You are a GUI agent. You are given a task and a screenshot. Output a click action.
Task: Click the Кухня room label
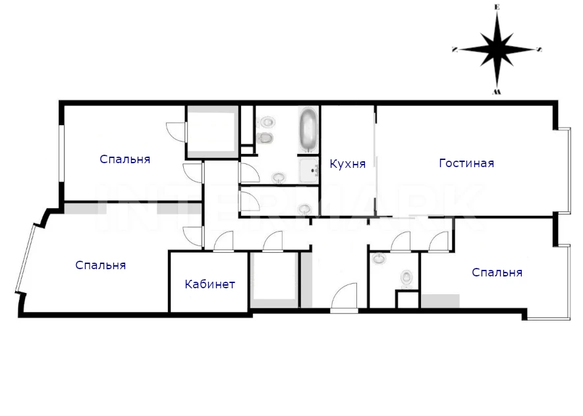point(348,164)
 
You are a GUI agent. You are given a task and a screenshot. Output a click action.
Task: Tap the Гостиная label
point(466,163)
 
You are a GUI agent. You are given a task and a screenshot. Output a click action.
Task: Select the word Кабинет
point(209,284)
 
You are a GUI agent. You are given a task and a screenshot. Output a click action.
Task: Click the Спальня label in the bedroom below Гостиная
point(497,273)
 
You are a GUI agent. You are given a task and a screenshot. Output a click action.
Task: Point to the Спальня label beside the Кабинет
point(100,265)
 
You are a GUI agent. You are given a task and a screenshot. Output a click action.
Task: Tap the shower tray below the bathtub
point(308,170)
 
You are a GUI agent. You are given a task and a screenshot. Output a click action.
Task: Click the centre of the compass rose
point(497,49)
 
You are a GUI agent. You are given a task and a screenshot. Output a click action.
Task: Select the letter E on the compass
point(497,7)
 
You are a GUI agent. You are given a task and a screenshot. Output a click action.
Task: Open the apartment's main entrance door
point(345,297)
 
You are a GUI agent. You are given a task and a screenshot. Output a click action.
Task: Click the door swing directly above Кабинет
point(223,242)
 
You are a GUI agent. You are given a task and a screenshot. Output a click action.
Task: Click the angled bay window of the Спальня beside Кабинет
point(25,259)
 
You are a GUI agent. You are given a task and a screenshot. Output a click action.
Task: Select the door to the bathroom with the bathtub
point(249,173)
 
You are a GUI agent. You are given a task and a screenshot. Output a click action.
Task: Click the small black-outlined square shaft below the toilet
point(408,299)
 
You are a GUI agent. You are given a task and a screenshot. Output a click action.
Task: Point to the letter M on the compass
point(497,91)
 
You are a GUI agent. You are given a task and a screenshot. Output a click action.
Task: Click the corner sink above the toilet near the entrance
point(379,258)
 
